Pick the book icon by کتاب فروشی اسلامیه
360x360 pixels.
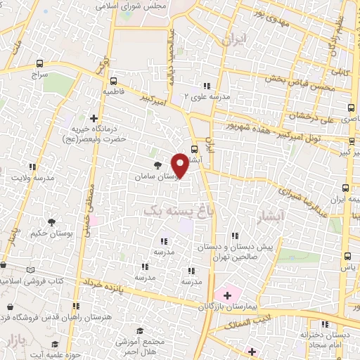pyautogui.click(x=29, y=270)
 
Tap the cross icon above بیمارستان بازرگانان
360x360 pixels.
pyautogui.click(x=226, y=292)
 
